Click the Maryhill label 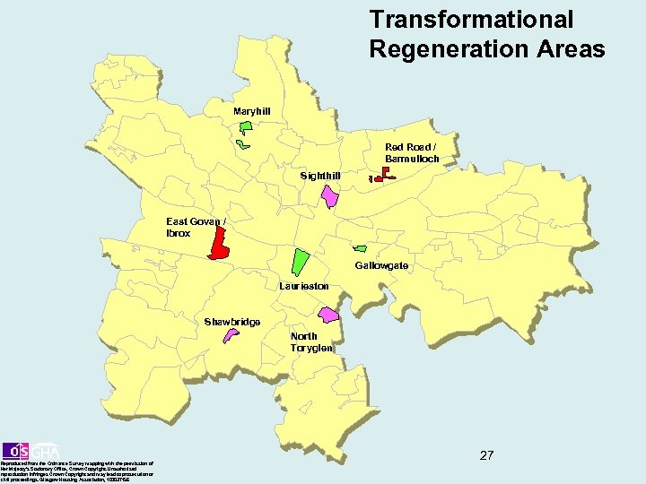click(x=251, y=111)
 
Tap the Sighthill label click(x=320, y=176)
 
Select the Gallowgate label click(x=381, y=266)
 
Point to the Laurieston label click(x=303, y=286)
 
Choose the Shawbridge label click(x=231, y=322)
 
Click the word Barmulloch click(x=412, y=159)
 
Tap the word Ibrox click(x=179, y=233)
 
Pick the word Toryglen click(x=311, y=348)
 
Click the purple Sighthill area click(x=330, y=195)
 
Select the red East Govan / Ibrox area click(x=218, y=242)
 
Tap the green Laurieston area click(x=300, y=261)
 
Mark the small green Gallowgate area click(x=361, y=247)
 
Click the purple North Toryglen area click(x=329, y=315)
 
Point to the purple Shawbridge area click(x=231, y=335)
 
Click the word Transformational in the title click(x=471, y=19)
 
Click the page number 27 click(x=486, y=455)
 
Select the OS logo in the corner click(x=16, y=450)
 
